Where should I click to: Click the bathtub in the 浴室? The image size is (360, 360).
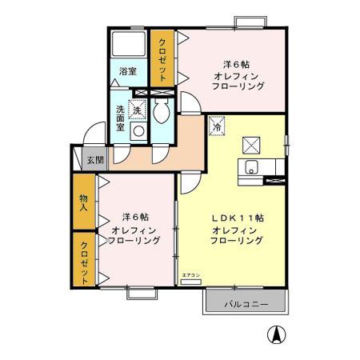coord(128,45)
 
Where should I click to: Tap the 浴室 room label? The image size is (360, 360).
coord(128,71)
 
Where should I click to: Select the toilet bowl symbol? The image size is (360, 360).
coord(161,113)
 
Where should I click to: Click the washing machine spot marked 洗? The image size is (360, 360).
coord(137,108)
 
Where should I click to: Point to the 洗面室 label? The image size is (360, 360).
coord(121,118)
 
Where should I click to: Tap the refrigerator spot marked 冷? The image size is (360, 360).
coord(217,125)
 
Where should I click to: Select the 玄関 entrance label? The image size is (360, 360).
coord(94,160)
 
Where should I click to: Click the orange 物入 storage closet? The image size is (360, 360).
coord(83,202)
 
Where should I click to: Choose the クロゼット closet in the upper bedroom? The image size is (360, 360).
coord(162,60)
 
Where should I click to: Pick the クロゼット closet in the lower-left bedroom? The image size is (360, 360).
coord(83,258)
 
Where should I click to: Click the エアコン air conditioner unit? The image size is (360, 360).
coord(190,276)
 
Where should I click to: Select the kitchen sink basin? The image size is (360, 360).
coord(250,166)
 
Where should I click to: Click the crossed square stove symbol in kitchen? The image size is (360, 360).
coord(251,144)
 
